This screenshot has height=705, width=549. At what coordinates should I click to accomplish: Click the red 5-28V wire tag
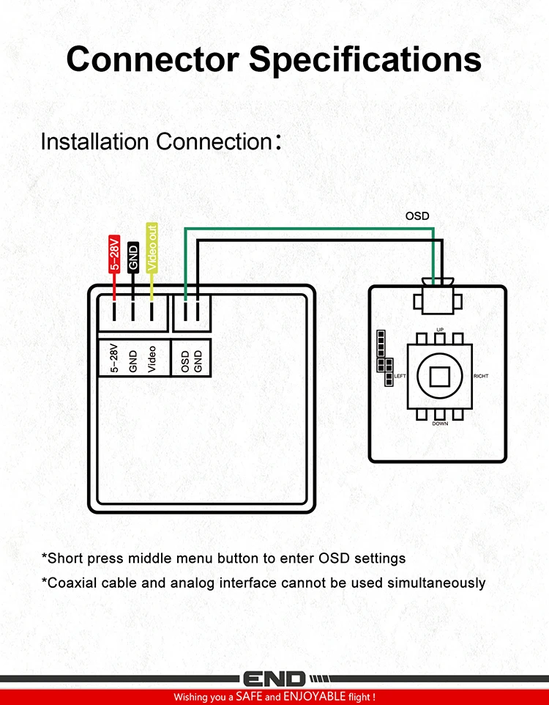tap(115, 254)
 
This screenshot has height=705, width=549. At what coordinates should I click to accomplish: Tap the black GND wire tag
tap(133, 257)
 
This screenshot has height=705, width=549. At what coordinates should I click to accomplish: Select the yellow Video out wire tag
tap(152, 248)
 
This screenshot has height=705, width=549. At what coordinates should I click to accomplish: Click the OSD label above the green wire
tap(417, 215)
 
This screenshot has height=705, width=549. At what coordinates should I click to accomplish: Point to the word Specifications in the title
tap(365, 60)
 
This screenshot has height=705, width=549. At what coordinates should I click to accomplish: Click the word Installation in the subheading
tap(95, 141)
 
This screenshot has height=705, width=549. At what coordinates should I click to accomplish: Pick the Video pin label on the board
tap(152, 359)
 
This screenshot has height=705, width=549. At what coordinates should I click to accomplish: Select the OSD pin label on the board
tap(185, 362)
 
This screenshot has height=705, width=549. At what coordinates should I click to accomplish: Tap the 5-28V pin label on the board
tap(115, 358)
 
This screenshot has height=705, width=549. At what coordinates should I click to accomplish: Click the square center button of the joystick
tap(440, 377)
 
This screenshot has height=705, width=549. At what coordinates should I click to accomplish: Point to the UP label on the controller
tap(440, 330)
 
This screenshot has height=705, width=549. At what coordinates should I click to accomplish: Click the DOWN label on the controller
tap(440, 424)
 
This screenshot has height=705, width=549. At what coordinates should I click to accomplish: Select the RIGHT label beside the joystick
tap(481, 376)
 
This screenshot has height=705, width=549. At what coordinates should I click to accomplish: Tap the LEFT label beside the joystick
tap(400, 376)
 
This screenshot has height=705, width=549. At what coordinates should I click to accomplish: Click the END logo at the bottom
tap(274, 679)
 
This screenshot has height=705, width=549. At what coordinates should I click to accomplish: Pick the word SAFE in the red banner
tap(250, 696)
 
